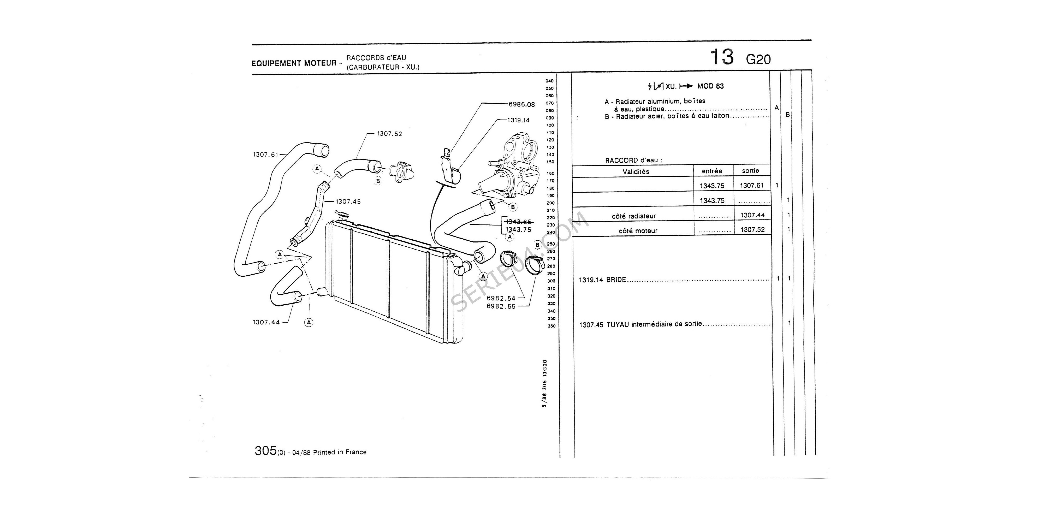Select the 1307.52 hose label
(389, 134)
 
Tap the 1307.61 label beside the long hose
(265, 155)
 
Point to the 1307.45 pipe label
(348, 201)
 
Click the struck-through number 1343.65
(518, 222)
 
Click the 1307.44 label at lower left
(266, 322)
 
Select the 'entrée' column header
(712, 171)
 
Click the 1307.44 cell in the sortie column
(752, 215)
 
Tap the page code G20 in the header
(758, 60)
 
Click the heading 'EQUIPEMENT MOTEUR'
(294, 63)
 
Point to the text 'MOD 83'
(710, 86)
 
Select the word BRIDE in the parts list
(616, 280)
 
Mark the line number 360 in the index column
(551, 326)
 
